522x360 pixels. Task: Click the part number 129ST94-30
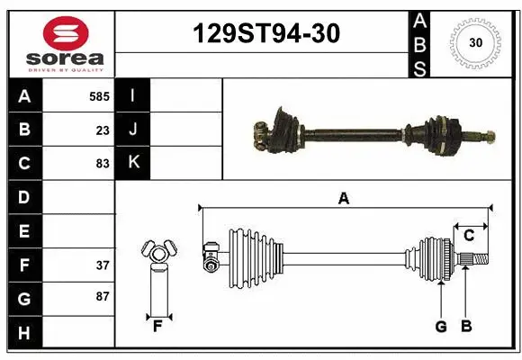click(x=267, y=34)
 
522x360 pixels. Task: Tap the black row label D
click(x=24, y=197)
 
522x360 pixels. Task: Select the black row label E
click(x=24, y=231)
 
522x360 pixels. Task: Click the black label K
click(x=133, y=163)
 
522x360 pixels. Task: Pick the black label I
click(x=133, y=95)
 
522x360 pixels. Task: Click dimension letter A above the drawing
click(x=343, y=199)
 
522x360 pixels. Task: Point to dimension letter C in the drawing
click(x=469, y=235)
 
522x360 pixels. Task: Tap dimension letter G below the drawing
click(x=440, y=327)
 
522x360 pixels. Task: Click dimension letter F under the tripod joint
click(x=157, y=326)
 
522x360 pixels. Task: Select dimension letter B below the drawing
click(x=465, y=327)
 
